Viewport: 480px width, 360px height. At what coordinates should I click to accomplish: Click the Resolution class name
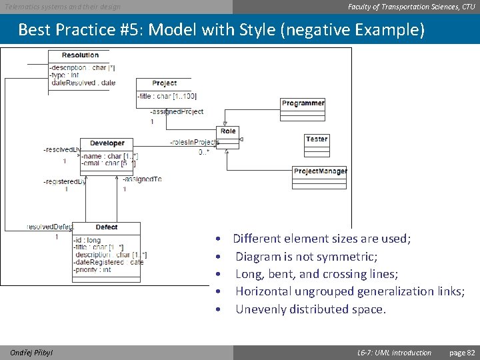tap(80, 55)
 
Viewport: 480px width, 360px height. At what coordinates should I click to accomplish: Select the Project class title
tap(164, 83)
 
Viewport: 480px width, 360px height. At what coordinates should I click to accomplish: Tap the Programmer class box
tap(303, 107)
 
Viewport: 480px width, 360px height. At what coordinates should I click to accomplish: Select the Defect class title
tap(107, 227)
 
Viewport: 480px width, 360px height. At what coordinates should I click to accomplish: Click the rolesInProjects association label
tap(194, 142)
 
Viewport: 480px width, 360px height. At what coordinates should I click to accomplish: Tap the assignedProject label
tap(177, 112)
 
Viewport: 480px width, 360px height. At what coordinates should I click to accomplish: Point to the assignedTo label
tap(141, 179)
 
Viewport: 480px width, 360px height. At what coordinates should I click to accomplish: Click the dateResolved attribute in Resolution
tap(83, 83)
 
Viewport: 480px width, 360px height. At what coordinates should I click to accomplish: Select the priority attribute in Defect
tap(94, 270)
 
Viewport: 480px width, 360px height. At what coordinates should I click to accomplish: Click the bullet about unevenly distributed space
tap(311, 309)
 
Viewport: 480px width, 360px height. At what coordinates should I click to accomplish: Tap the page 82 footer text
tap(462, 353)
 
